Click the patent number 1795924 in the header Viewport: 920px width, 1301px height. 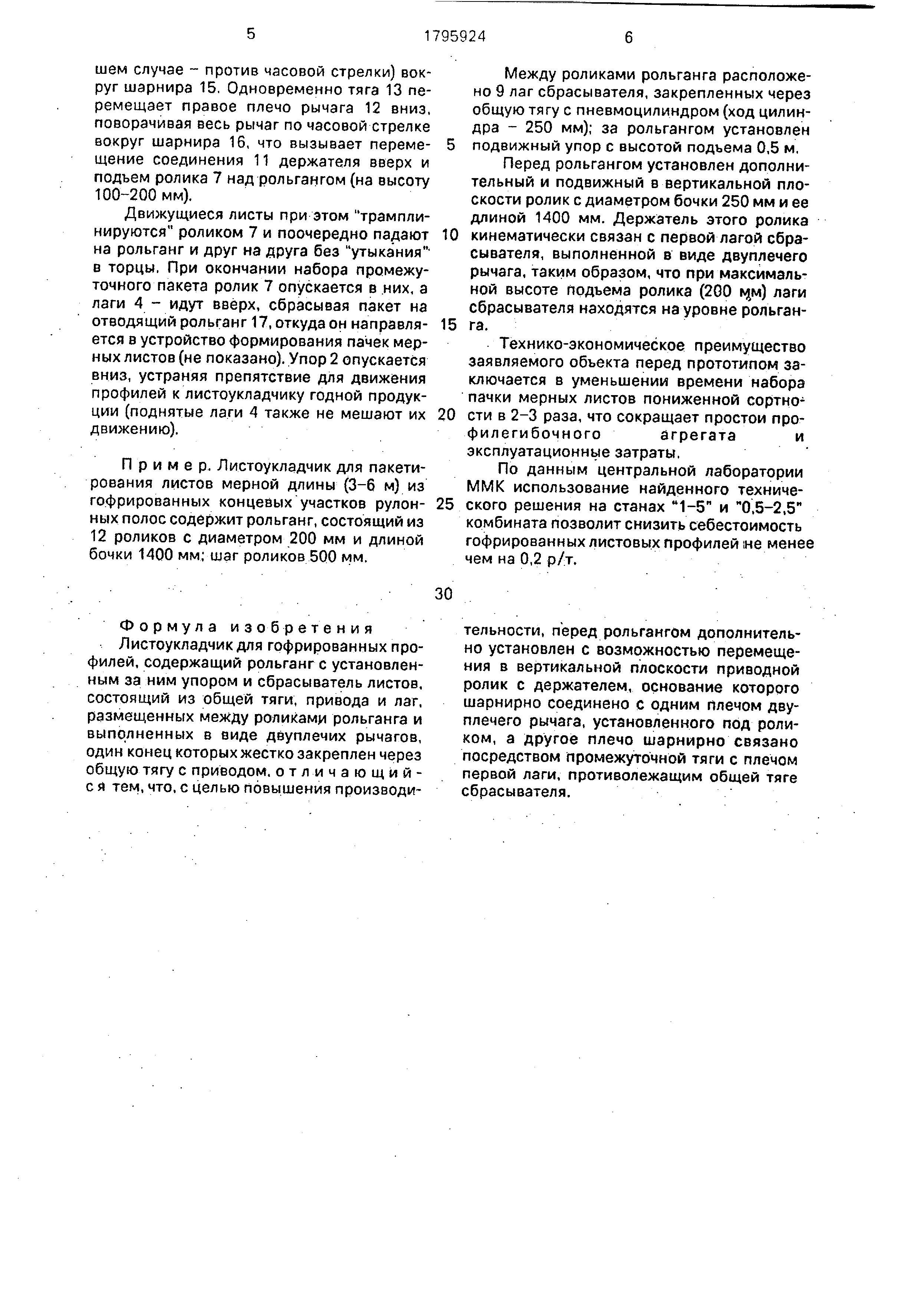click(455, 37)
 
